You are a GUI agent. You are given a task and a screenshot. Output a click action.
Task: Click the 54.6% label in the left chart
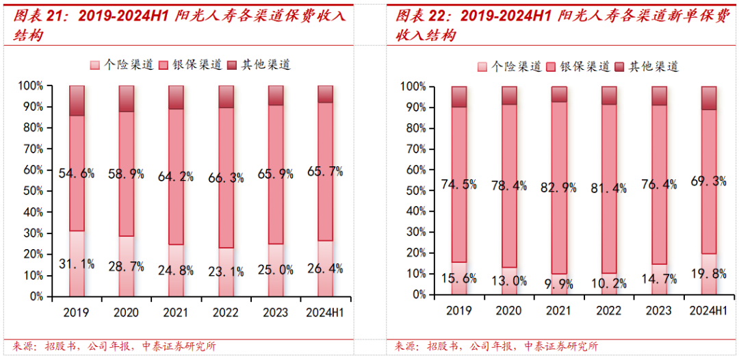click(x=77, y=173)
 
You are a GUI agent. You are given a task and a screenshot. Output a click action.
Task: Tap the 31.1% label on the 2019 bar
click(x=77, y=263)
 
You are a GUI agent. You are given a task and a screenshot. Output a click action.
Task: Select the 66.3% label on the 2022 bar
click(x=226, y=178)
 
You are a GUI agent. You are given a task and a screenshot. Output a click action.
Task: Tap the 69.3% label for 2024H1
click(x=709, y=181)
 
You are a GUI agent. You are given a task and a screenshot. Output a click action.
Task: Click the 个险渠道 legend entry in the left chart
click(x=124, y=64)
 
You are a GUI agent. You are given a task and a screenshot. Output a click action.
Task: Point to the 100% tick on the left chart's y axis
click(x=31, y=86)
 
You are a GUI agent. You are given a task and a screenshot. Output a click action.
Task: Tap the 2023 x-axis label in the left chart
click(x=276, y=313)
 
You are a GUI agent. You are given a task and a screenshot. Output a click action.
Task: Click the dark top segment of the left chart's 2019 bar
click(x=77, y=100)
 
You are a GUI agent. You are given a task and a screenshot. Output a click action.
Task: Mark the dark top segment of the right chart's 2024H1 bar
click(x=709, y=98)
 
